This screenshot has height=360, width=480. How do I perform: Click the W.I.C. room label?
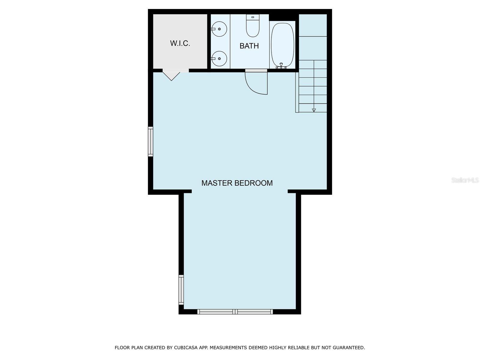click(180, 43)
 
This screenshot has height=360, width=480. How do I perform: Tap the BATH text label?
click(249, 46)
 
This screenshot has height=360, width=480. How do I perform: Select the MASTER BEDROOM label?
click(237, 183)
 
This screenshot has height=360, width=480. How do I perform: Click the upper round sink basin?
click(219, 29)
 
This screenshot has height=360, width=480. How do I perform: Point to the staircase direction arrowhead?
click(314, 110)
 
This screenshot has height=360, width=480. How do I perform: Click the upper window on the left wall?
click(151, 142)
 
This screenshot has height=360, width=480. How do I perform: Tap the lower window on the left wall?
click(181, 290)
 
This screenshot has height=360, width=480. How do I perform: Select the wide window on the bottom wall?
click(235, 312)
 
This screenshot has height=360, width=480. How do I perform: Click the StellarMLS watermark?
click(465, 180)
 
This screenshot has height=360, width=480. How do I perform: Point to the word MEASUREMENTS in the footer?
click(228, 348)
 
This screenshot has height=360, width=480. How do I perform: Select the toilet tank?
click(253, 17)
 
